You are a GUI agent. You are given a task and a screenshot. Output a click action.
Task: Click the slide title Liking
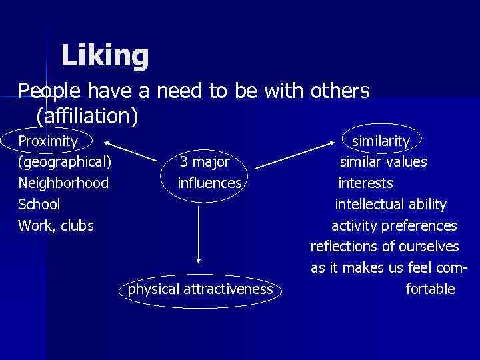(x=105, y=56)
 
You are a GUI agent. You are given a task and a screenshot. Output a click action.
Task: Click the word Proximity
(x=48, y=141)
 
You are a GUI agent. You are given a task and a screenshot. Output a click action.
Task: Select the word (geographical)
(x=65, y=162)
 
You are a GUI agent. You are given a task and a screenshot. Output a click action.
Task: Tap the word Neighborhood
(x=63, y=183)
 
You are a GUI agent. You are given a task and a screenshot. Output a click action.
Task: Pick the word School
(x=39, y=205)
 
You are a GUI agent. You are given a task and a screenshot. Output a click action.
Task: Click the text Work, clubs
(x=56, y=226)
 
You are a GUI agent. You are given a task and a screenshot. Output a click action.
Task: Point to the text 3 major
(x=205, y=162)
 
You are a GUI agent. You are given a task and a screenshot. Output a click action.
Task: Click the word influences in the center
(x=210, y=183)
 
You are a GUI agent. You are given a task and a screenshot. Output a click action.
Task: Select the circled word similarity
(x=381, y=141)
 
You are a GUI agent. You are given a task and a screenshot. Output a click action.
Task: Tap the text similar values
(x=383, y=162)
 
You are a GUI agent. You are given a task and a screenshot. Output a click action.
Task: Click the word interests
(x=366, y=183)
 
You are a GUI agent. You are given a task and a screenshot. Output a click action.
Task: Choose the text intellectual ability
(x=391, y=205)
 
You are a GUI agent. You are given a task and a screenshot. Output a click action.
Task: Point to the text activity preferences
(x=394, y=226)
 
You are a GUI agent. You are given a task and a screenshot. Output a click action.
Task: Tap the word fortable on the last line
(x=431, y=289)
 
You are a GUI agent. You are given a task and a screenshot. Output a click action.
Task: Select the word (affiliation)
(x=87, y=117)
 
